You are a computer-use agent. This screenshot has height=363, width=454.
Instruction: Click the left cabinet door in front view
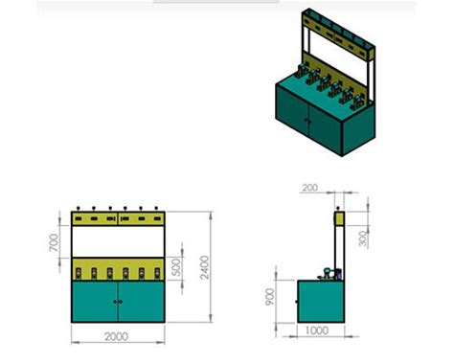tap(95, 302)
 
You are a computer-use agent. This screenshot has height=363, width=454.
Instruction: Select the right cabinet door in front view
tap(142, 302)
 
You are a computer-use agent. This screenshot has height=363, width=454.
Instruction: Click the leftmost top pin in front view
tap(78, 208)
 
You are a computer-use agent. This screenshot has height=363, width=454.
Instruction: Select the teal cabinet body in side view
tap(321, 301)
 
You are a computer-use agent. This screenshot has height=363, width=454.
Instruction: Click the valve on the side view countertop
tap(328, 273)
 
